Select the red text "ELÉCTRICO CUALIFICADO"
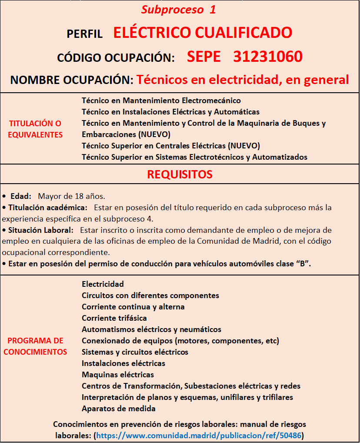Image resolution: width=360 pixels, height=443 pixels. (203, 33)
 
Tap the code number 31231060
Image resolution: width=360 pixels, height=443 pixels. (268, 57)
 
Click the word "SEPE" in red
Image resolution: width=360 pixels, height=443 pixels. (204, 57)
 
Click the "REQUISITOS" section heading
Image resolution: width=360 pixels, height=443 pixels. (180, 175)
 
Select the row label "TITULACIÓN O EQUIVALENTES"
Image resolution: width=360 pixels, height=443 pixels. (36, 129)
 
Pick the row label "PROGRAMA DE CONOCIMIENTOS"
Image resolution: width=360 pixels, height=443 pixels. (35, 346)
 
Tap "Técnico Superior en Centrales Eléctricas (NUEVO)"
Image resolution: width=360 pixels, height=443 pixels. (171, 146)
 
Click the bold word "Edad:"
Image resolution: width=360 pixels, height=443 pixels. (20, 196)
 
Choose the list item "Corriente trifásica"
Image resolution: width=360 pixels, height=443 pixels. (114, 318)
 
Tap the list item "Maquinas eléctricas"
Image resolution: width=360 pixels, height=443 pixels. (118, 375)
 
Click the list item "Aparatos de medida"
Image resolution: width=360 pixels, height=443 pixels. (119, 409)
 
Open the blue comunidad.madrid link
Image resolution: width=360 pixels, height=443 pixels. (199, 435)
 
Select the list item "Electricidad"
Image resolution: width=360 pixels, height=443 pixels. (103, 284)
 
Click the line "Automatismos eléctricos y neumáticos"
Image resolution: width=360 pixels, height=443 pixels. (151, 329)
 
